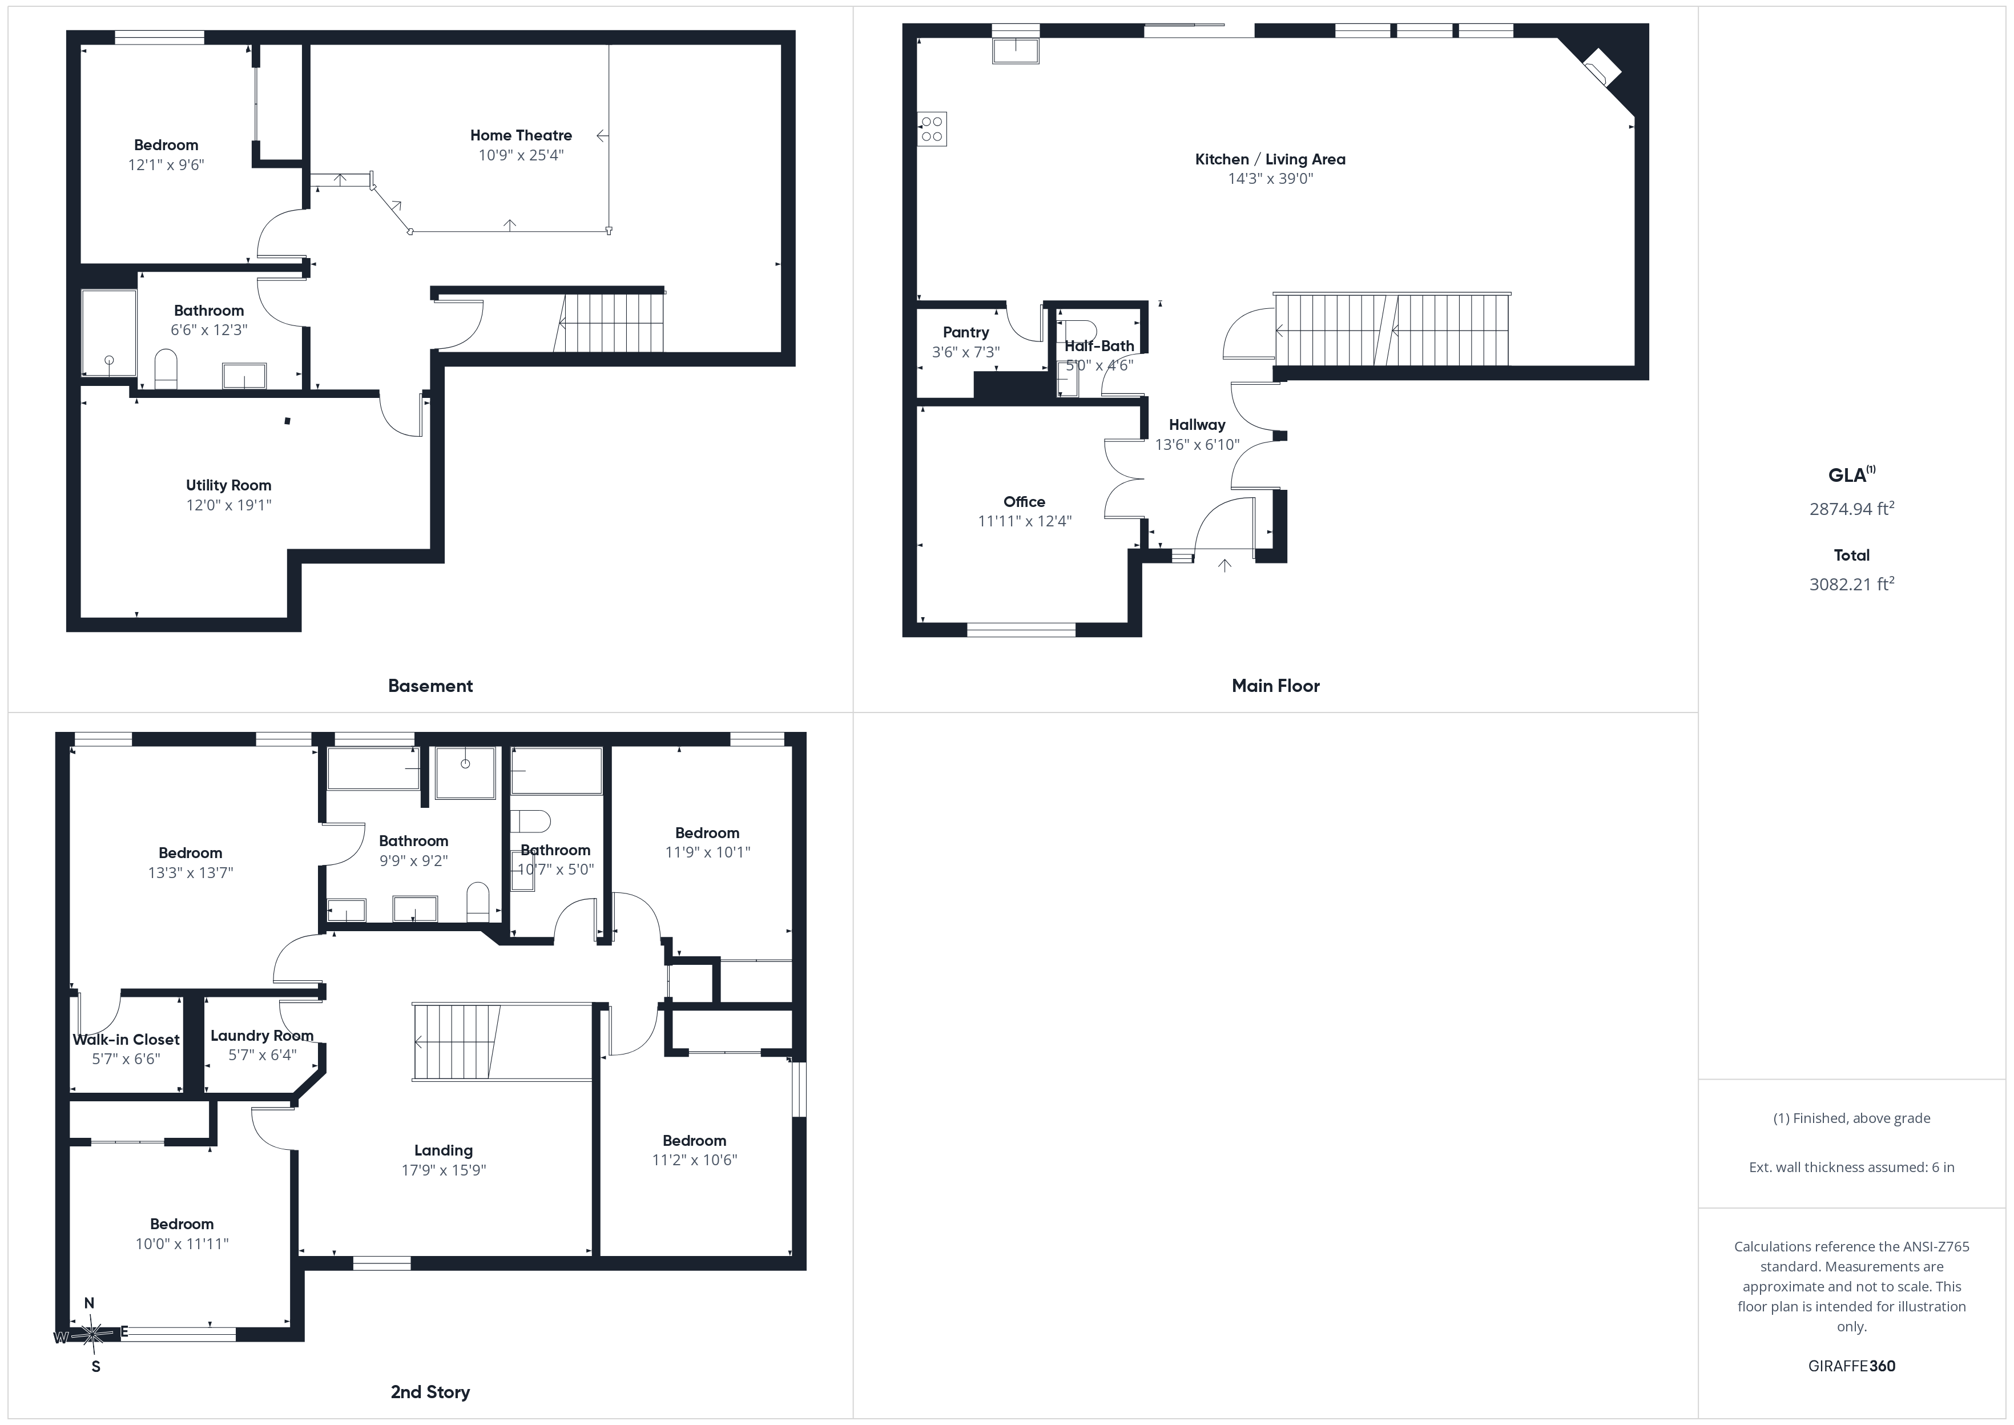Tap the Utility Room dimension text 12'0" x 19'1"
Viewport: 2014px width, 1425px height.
click(228, 505)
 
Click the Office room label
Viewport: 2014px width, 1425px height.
click(1024, 502)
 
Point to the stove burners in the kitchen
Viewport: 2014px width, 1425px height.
click(932, 129)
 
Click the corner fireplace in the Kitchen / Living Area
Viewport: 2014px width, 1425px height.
click(1602, 67)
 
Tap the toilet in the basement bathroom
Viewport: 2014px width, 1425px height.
click(166, 369)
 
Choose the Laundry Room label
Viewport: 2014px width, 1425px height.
click(261, 1036)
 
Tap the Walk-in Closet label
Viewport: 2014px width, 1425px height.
click(126, 1040)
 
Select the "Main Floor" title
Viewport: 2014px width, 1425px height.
click(1275, 686)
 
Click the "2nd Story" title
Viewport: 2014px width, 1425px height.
click(430, 1392)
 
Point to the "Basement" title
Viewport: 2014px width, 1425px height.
click(430, 686)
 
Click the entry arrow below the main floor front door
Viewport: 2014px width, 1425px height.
click(1224, 566)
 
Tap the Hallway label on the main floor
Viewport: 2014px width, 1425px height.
click(1197, 425)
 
